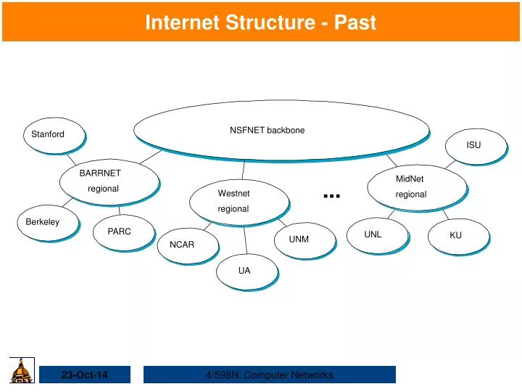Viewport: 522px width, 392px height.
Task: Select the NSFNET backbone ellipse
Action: point(279,129)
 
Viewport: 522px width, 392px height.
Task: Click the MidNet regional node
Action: point(413,187)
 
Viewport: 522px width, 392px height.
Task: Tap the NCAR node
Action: point(184,245)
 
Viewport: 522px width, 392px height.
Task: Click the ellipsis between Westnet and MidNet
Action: point(332,195)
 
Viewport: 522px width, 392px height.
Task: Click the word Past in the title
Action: point(354,23)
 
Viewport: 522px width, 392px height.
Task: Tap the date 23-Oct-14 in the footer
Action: point(84,375)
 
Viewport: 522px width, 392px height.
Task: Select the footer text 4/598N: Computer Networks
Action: point(269,375)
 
